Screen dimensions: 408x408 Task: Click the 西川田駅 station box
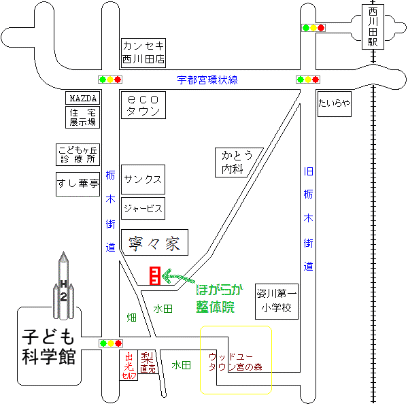(x=373, y=27)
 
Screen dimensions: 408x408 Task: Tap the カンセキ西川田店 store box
(x=143, y=53)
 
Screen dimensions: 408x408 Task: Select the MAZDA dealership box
(x=82, y=98)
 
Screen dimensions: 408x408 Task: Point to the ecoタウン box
(x=143, y=105)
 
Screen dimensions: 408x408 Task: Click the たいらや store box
(x=335, y=104)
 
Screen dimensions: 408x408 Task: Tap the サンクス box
(x=143, y=180)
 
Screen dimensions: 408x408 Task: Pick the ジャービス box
(x=143, y=209)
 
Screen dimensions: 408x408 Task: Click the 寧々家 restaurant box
(x=154, y=242)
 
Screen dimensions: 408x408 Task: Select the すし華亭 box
(x=78, y=184)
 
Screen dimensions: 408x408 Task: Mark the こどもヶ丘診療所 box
(x=78, y=154)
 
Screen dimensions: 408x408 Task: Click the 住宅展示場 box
(x=82, y=117)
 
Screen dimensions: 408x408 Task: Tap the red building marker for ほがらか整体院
(x=155, y=275)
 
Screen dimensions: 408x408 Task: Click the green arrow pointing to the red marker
(x=178, y=277)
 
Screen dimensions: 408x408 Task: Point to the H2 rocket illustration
(x=63, y=286)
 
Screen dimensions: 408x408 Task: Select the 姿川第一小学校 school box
(x=277, y=301)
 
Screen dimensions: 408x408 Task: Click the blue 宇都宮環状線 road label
(x=207, y=80)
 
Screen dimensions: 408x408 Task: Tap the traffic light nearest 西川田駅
(x=313, y=28)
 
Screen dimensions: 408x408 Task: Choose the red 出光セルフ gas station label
(x=129, y=365)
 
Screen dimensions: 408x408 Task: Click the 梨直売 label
(x=148, y=362)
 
